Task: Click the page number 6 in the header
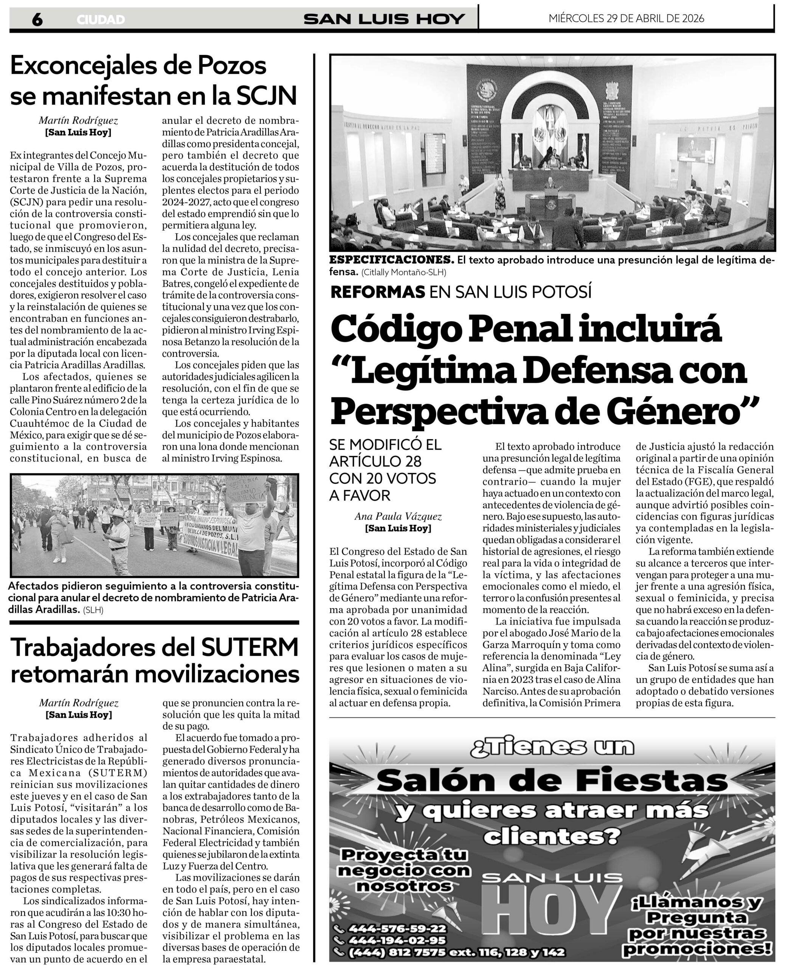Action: pyautogui.click(x=37, y=19)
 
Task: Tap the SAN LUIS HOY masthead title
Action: pyautogui.click(x=384, y=19)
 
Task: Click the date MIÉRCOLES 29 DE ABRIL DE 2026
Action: pyautogui.click(x=626, y=19)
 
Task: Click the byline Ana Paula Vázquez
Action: pyautogui.click(x=398, y=516)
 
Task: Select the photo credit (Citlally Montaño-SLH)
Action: pyautogui.click(x=404, y=272)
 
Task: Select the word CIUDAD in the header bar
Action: pyautogui.click(x=101, y=20)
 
